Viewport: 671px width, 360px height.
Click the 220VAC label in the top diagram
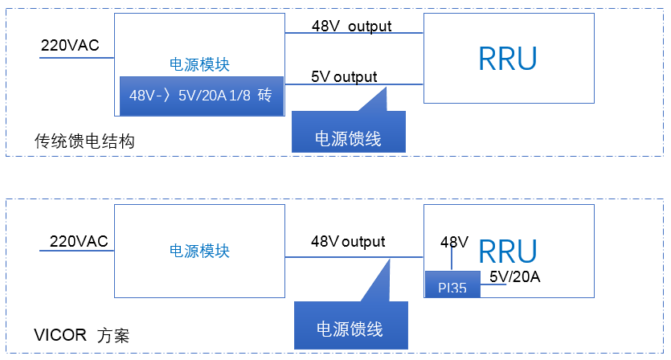[x=70, y=45]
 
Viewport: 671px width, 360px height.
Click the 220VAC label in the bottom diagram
[x=79, y=241]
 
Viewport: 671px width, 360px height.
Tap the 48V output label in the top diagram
[x=351, y=27]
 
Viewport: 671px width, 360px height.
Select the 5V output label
[x=344, y=77]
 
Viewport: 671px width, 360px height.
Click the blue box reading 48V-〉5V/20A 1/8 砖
[x=202, y=96]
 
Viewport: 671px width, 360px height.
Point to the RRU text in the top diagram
[x=508, y=59]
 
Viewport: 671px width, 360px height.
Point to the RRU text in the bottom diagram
[x=508, y=252]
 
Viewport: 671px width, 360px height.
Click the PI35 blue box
[x=452, y=284]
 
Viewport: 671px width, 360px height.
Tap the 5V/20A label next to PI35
[x=515, y=277]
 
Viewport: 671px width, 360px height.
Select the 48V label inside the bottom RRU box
[x=454, y=242]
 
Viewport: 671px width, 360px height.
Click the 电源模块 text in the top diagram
[x=199, y=64]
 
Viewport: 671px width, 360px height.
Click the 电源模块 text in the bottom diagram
[x=199, y=251]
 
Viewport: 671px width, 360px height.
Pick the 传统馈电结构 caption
[x=84, y=141]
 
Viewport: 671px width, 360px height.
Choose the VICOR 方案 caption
[x=81, y=335]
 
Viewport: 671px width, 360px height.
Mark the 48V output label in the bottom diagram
[x=348, y=242]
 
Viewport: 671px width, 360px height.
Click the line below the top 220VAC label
[x=76, y=58]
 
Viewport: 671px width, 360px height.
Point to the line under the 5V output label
[x=354, y=84]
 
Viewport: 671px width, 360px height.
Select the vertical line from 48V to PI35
[x=452, y=259]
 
